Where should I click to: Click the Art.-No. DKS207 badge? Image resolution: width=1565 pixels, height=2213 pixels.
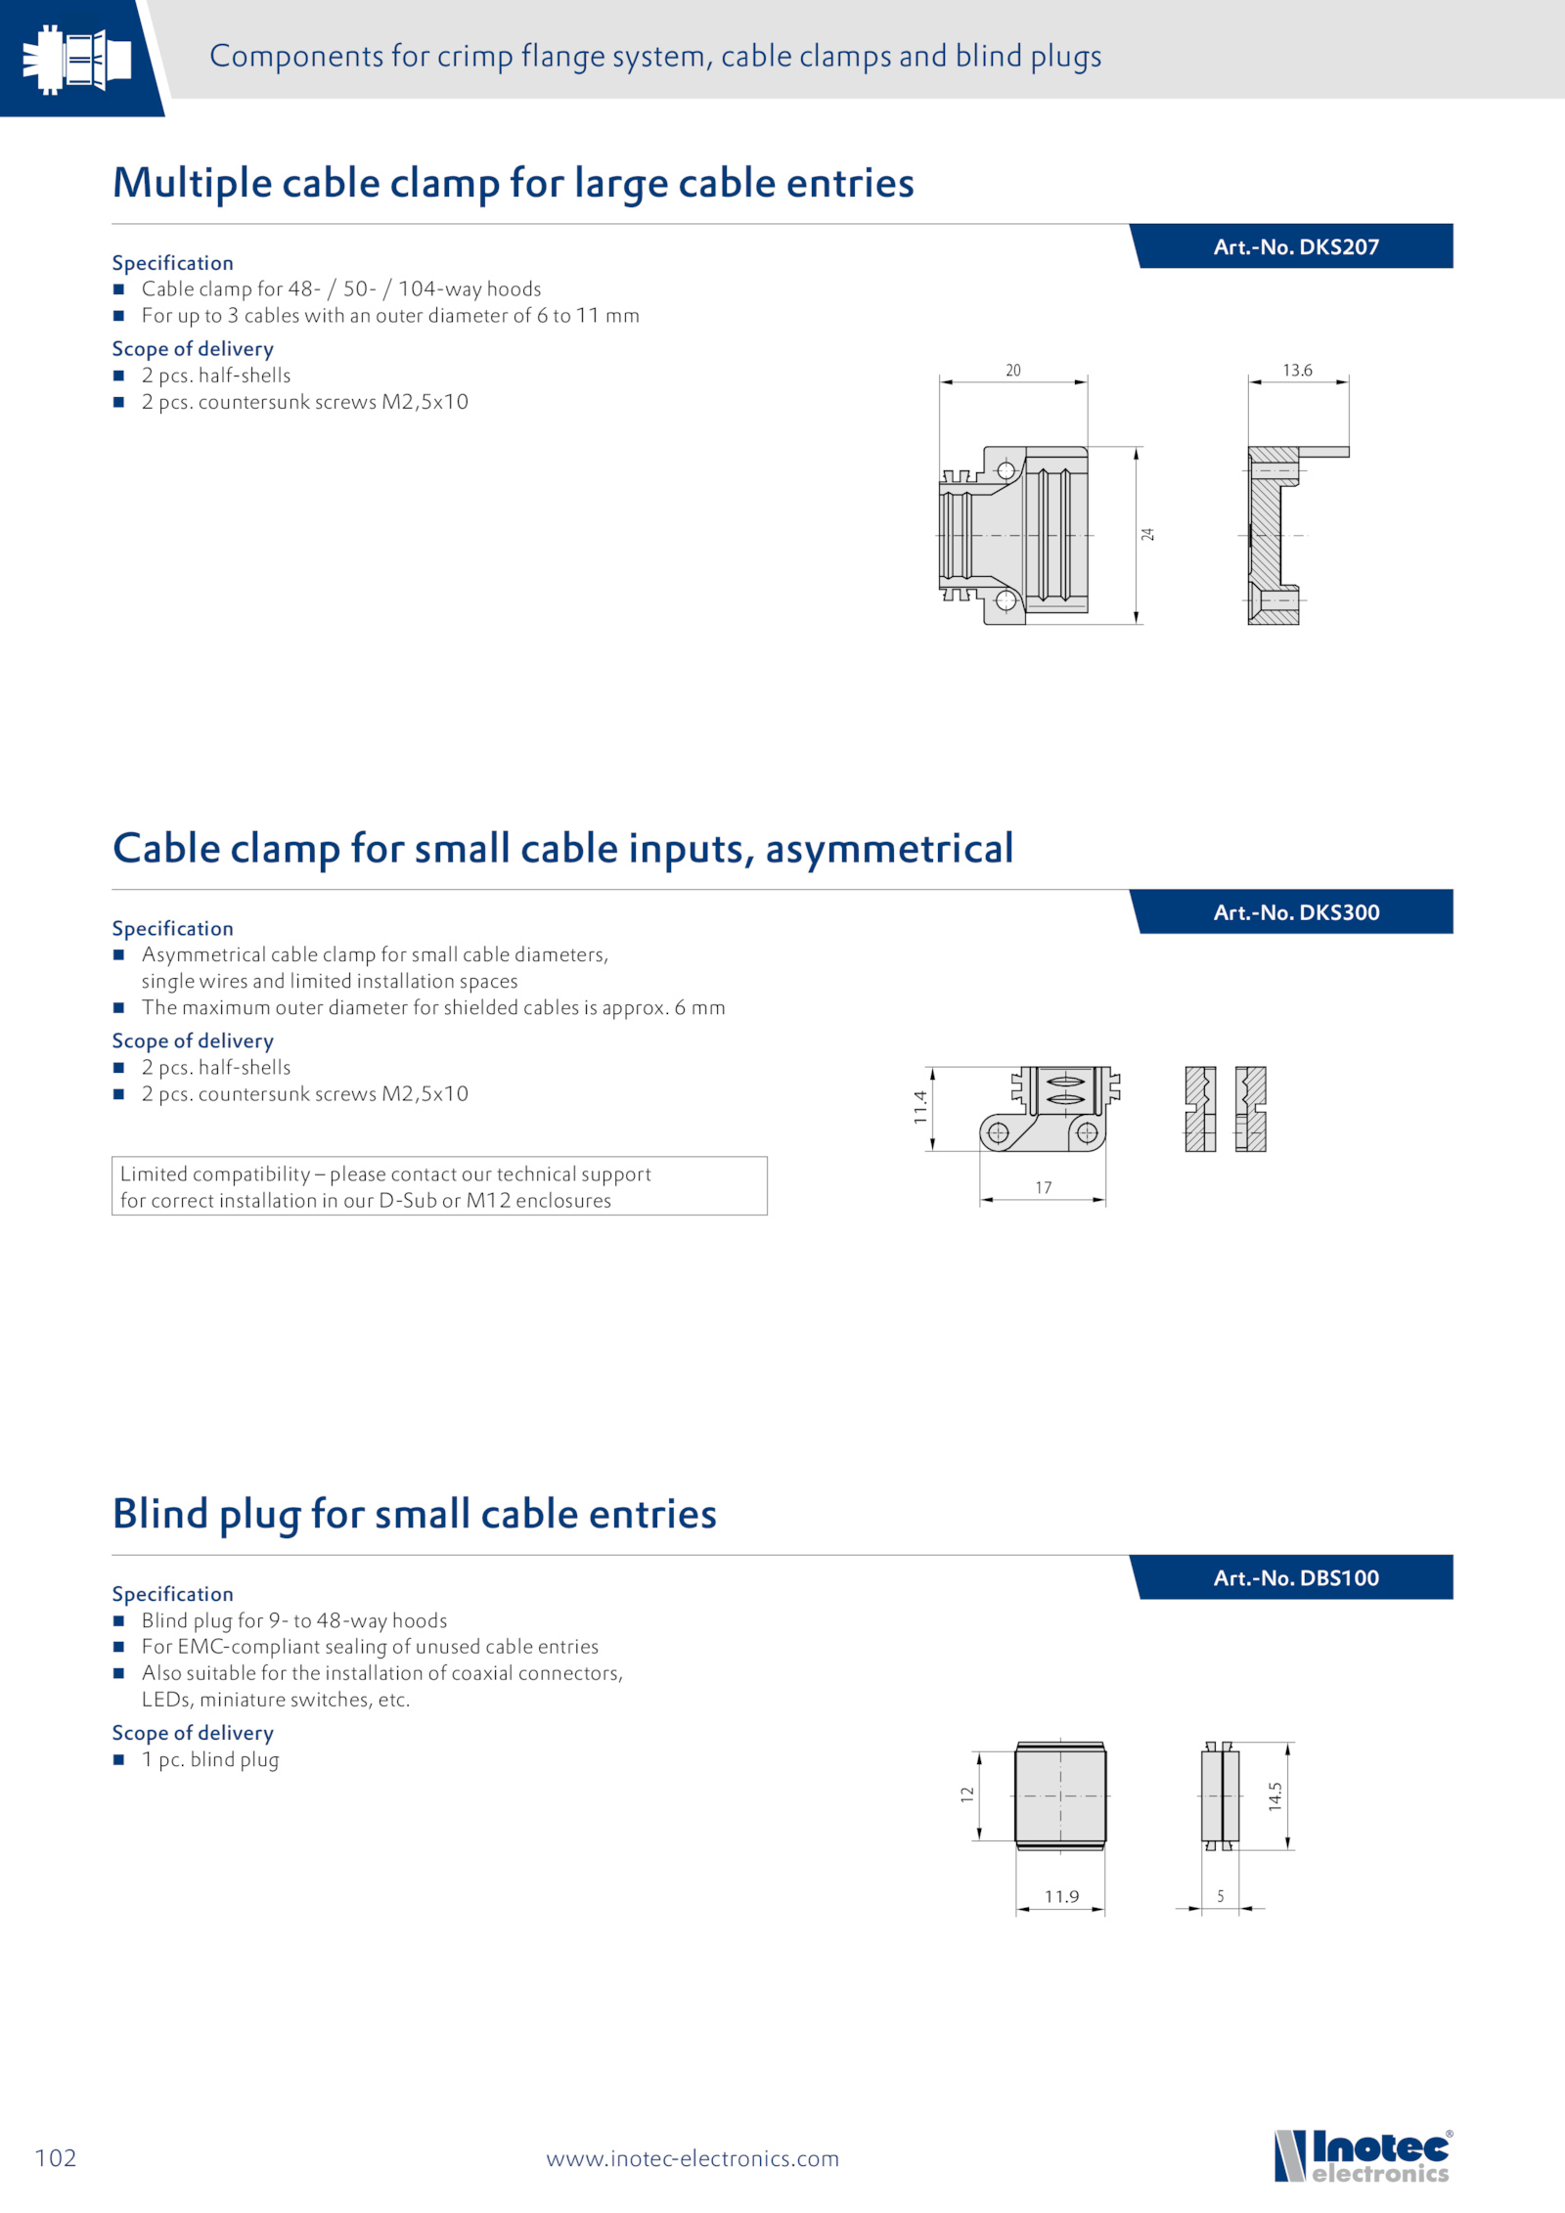pos(1295,246)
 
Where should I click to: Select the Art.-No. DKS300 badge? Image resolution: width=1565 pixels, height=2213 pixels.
pos(1295,912)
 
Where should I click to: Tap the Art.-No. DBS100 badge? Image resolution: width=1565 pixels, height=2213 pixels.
pos(1295,1577)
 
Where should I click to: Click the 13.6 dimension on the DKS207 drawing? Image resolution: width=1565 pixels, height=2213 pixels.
pos(1297,371)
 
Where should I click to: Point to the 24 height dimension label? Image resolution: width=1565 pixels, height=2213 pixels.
pos(1148,534)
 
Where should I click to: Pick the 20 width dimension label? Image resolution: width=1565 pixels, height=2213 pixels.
pos(1013,371)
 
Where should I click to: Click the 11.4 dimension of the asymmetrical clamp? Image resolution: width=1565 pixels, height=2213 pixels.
pos(920,1107)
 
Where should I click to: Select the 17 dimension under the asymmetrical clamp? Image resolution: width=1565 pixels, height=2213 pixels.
pos(1044,1187)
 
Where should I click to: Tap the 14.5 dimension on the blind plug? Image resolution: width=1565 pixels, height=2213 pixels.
pos(1275,1795)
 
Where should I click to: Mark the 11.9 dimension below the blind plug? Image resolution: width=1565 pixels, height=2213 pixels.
pos(1061,1896)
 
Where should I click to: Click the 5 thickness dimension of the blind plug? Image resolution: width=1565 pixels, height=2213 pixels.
pos(1221,1896)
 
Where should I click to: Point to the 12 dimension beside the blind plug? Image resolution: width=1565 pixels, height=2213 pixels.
pos(967,1794)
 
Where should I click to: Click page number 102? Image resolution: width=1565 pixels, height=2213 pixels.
pos(56,2157)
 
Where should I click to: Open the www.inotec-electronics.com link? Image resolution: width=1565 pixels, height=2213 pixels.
pos(693,2158)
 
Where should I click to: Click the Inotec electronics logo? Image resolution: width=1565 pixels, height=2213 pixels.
pos(1363,2155)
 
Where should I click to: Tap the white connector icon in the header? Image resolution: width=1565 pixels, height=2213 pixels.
pos(76,59)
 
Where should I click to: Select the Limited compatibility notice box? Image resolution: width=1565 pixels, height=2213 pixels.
pos(439,1186)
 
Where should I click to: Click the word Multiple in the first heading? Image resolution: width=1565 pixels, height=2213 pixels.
pos(192,183)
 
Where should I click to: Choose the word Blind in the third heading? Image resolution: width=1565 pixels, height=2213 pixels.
pos(160,1514)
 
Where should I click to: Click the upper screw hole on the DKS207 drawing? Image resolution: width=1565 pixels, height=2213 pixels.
pos(1006,471)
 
